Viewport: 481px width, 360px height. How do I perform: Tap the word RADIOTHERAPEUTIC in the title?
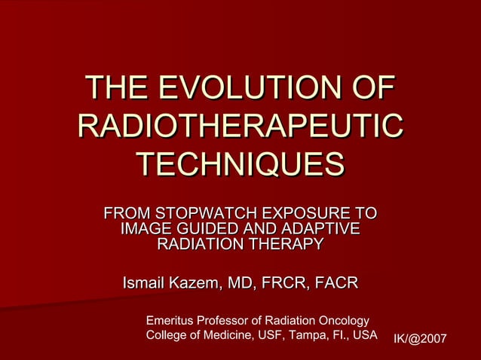(240, 126)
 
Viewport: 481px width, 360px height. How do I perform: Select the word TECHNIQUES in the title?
(240, 163)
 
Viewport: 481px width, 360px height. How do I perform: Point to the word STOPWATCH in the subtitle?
(198, 213)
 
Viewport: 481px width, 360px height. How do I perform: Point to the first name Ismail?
(145, 283)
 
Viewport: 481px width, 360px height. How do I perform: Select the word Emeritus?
(170, 320)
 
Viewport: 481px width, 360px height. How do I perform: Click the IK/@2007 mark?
(420, 340)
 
